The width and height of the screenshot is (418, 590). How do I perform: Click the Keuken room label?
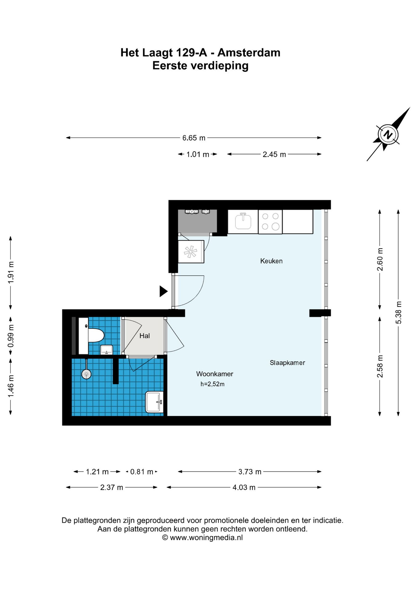point(271,261)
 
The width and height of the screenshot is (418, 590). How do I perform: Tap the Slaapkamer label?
point(287,363)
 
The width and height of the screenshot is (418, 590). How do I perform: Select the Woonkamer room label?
point(215,374)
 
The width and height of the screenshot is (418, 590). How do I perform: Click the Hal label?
point(144,336)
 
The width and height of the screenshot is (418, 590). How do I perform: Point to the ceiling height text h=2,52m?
point(212,384)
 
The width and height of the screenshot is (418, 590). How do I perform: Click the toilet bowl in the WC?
point(96,335)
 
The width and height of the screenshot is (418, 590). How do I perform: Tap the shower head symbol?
point(86,374)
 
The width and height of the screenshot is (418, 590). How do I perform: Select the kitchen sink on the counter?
point(243,221)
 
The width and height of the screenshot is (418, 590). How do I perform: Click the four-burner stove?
point(270,222)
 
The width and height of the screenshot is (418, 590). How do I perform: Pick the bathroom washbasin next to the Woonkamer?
point(155,402)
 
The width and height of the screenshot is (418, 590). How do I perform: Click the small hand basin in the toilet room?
point(107,350)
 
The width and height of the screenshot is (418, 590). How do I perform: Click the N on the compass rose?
point(388,135)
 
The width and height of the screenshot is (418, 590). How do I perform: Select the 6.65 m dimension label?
point(194,138)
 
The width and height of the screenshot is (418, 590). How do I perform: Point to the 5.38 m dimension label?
point(398,313)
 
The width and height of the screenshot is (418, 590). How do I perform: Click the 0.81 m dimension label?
point(142,472)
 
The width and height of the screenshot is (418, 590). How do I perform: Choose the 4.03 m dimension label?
point(244,487)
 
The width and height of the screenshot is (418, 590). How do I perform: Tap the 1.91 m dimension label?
point(11,273)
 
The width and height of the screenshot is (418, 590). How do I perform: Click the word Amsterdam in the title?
point(249,53)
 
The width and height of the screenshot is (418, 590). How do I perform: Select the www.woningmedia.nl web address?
point(206,537)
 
